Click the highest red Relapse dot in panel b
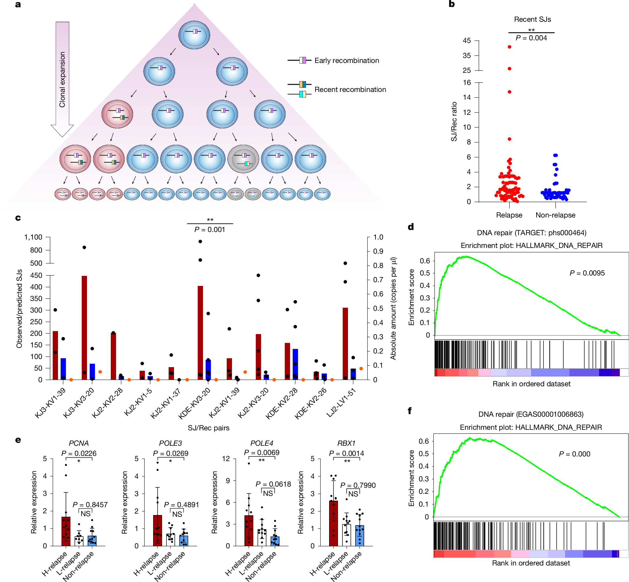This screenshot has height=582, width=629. pyautogui.click(x=509, y=47)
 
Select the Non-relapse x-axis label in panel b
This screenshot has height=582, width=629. pyautogui.click(x=555, y=215)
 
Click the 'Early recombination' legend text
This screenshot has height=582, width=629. pyautogui.click(x=347, y=61)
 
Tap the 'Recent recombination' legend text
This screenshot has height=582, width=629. pyautogui.click(x=350, y=89)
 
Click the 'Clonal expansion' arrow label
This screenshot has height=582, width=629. pyautogui.click(x=62, y=79)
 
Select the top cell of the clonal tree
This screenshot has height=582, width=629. pyautogui.click(x=194, y=35)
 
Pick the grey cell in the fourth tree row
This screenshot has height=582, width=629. pyautogui.click(x=243, y=159)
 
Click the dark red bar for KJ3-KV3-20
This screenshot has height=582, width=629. pyautogui.click(x=84, y=327)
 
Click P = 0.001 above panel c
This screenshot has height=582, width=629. pyautogui.click(x=210, y=230)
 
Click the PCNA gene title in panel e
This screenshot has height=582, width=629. pyautogui.click(x=79, y=443)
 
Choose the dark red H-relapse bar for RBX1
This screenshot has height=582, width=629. pyautogui.click(x=333, y=523)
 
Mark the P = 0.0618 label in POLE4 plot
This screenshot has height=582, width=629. pyautogui.click(x=273, y=484)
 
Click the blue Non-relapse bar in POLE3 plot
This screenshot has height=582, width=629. pyautogui.click(x=184, y=541)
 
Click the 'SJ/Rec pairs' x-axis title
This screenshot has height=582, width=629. pyautogui.click(x=209, y=428)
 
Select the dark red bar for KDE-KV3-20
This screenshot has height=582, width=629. pyautogui.click(x=200, y=332)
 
